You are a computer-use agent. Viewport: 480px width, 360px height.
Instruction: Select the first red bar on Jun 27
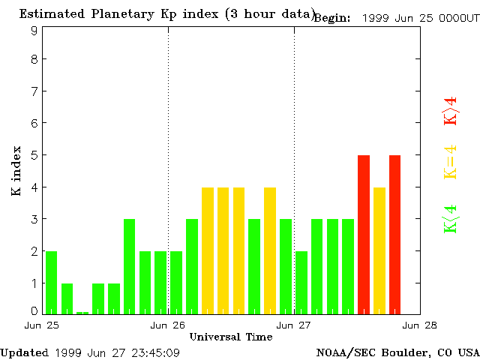pos(364,234)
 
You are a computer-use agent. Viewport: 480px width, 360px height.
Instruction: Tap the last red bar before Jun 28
pos(394,234)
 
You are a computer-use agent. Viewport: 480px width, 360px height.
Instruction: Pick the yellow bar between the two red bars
pos(379,250)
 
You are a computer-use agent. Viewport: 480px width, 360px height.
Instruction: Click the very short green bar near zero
pos(82,312)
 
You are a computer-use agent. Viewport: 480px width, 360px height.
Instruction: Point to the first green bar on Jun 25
pos(51,282)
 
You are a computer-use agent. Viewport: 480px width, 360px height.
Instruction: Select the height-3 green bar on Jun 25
pos(129,266)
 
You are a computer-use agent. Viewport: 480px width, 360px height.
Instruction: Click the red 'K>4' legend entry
pos(450,109)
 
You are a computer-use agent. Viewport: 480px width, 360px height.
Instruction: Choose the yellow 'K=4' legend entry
pos(450,162)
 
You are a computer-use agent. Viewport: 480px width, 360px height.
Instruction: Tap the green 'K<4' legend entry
pos(450,218)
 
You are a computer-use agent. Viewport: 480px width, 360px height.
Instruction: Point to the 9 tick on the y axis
pos(34,31)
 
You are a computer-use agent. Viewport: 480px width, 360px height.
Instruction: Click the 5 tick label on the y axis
pos(34,155)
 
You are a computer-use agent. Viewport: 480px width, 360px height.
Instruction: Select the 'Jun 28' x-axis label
pos(420,325)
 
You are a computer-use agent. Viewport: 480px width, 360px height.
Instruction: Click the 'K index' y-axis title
pos(16,171)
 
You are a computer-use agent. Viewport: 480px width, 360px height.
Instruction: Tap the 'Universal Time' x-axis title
pos(230,337)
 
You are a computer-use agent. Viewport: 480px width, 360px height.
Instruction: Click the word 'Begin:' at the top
pos(331,18)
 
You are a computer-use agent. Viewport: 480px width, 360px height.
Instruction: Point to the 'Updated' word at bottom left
pos(24,352)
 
